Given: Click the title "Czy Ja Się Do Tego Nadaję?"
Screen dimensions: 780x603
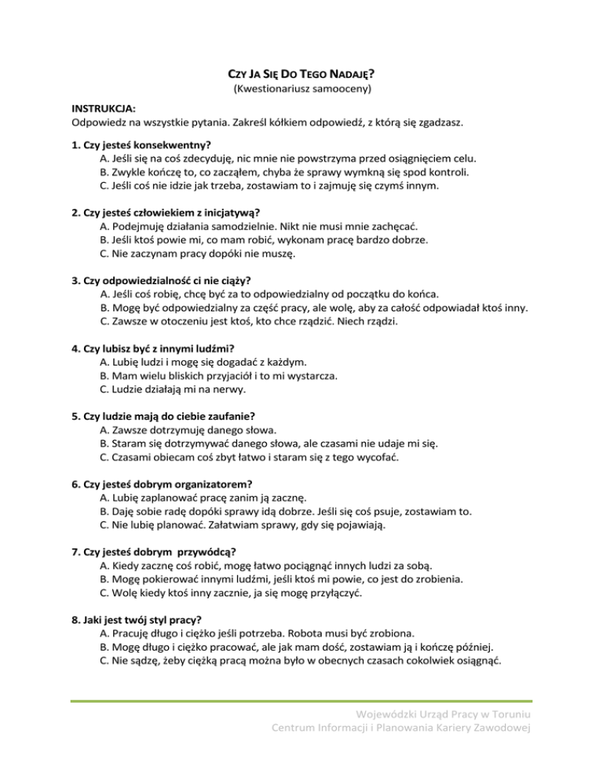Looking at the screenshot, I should coord(301,75).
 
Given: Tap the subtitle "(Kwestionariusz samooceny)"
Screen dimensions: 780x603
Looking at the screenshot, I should coord(301,90).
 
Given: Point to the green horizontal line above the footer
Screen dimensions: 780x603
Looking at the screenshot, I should coord(301,701).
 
